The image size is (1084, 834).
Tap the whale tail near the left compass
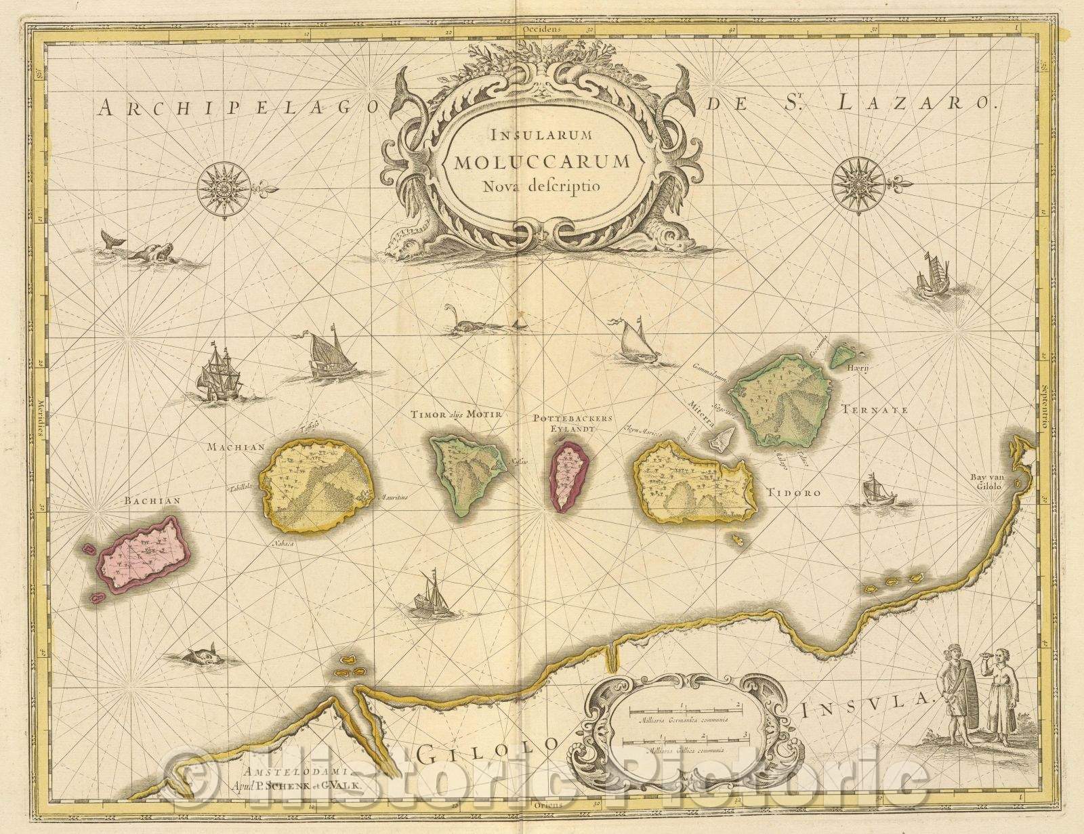(x=108, y=237)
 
